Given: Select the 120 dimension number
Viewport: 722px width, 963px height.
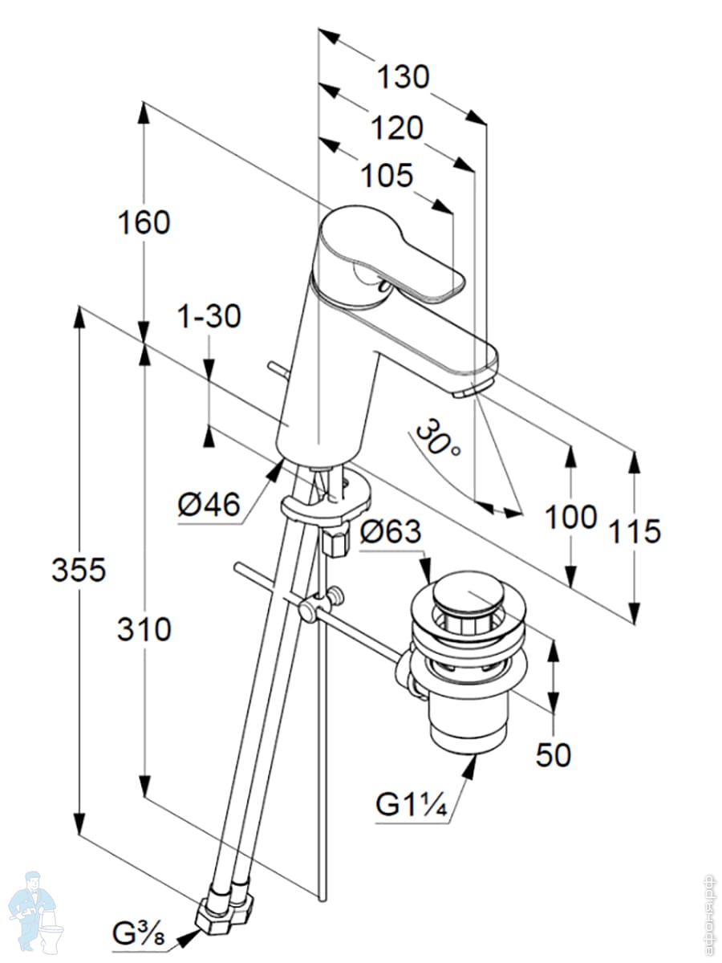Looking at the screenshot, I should click(397, 127).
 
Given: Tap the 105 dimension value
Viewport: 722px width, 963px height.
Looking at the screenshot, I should click(386, 176).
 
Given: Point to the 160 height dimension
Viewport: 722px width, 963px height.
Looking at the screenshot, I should click(145, 222).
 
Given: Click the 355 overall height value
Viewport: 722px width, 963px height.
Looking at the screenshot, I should click(79, 570).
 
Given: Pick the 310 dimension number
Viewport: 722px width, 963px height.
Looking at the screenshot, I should click(144, 630).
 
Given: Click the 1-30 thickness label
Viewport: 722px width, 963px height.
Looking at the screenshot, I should click(209, 317).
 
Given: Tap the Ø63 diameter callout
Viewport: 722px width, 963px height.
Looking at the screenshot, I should click(391, 531).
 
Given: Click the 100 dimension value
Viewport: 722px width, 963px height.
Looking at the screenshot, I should click(570, 517).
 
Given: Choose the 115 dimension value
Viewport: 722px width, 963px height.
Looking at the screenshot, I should click(634, 530).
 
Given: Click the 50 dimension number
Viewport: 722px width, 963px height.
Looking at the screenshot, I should click(553, 754).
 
